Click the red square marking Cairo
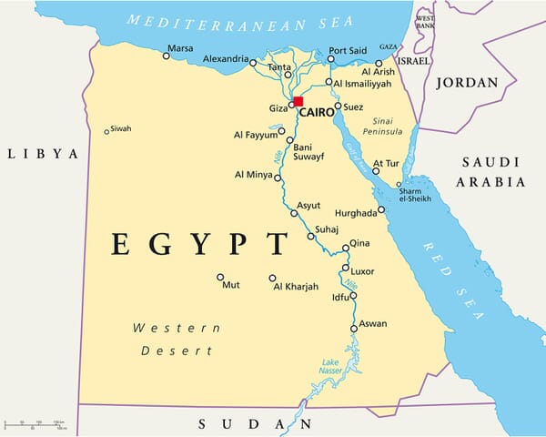[298, 101]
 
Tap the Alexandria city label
[225, 59]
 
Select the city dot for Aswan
[354, 329]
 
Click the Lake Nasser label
[329, 366]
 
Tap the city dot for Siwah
[106, 131]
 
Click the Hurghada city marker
[381, 209]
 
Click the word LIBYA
[44, 154]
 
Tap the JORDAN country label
[468, 83]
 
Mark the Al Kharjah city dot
[272, 279]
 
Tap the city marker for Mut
[219, 277]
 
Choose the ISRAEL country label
[414, 60]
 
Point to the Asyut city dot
[294, 213]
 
